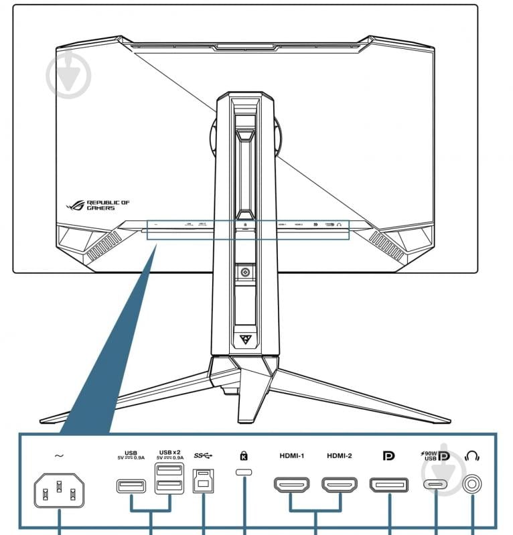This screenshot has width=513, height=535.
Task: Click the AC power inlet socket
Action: [60, 494]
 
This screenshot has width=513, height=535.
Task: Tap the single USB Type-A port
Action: [131, 486]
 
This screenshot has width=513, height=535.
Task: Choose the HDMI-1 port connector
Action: [291, 485]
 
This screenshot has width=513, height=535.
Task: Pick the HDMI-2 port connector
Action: [340, 485]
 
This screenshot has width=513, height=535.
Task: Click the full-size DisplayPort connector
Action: [389, 485]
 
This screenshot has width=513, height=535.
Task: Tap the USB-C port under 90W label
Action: [437, 485]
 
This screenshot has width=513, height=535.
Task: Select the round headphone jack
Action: [473, 484]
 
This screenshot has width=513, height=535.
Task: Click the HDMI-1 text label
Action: [292, 456]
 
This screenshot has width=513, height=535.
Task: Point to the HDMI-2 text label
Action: [340, 456]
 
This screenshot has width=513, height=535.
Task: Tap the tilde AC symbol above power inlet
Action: [59, 456]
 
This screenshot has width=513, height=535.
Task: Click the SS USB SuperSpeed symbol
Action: [202, 456]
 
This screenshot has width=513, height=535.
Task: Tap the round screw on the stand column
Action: [246, 272]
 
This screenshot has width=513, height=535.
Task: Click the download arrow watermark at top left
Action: [68, 74]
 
